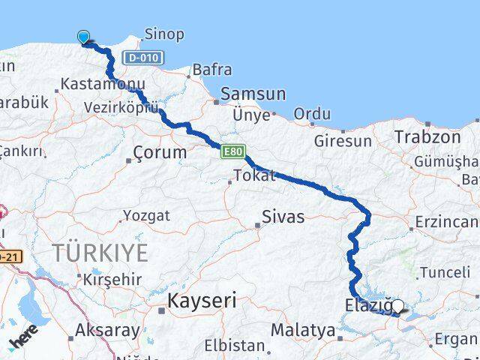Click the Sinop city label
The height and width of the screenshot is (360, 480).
163,34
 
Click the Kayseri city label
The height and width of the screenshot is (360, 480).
201,301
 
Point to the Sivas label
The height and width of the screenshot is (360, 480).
283,217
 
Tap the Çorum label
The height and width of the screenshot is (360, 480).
159,152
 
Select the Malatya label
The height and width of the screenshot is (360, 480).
303,329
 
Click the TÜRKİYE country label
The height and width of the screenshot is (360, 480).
99,252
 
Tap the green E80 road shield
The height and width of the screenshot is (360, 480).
232,152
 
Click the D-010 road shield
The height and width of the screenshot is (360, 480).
141,57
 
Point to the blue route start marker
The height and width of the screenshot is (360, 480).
83,37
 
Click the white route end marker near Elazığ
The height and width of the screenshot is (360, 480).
398,305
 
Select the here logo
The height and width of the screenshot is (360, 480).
25,339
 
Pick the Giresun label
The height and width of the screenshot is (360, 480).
343,140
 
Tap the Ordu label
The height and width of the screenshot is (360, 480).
312,114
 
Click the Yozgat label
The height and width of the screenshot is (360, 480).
146,216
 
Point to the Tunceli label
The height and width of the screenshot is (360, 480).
445,272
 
